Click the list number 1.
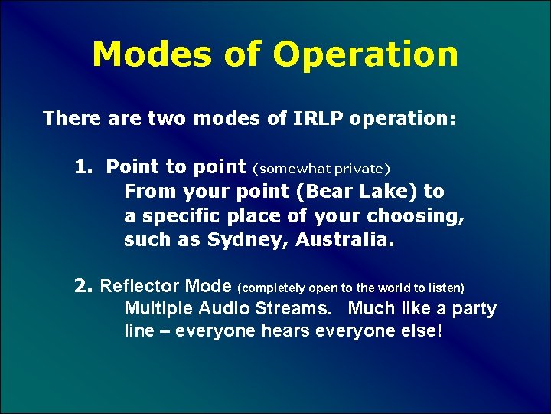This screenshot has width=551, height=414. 82,167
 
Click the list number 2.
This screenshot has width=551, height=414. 83,287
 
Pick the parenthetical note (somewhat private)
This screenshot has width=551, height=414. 321,168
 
